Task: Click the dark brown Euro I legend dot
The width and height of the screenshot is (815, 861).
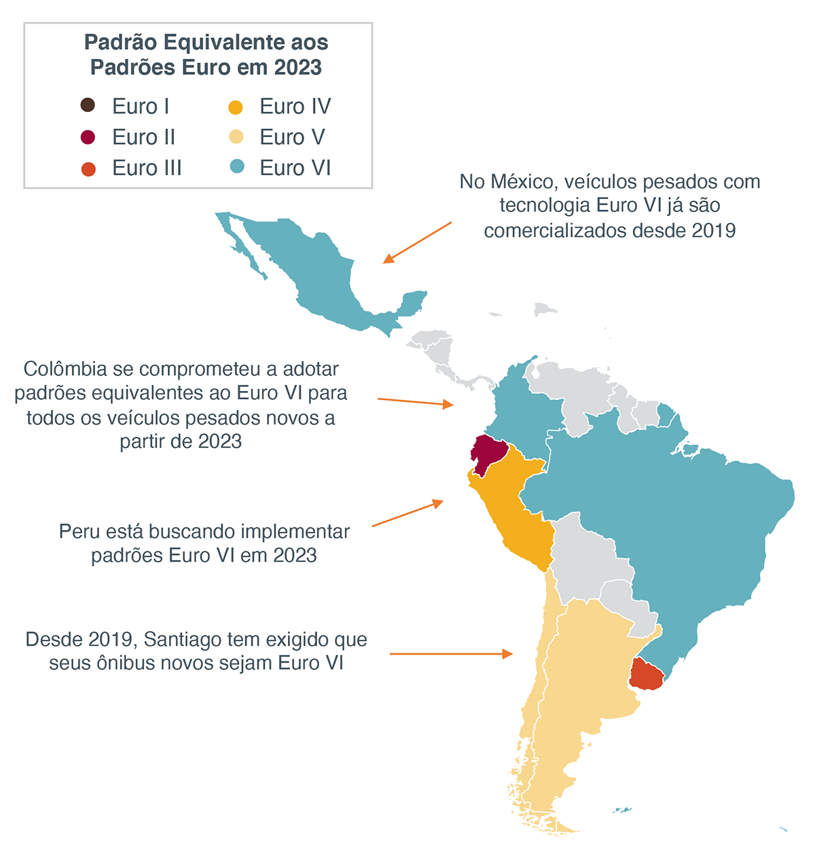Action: tap(88, 105)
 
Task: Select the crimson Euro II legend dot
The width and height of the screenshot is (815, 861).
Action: tap(88, 136)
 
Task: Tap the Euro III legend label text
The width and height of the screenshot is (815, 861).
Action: tap(147, 168)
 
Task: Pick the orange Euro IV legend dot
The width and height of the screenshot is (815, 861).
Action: tap(236, 107)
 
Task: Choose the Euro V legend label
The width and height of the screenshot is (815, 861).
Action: tap(292, 137)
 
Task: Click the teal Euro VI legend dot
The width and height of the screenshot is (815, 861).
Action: tap(236, 166)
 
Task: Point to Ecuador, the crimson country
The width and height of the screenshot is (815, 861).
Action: tap(488, 453)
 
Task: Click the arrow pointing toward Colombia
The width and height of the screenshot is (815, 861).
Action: tap(415, 402)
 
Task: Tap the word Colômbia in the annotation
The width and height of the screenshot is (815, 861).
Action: tap(65, 369)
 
